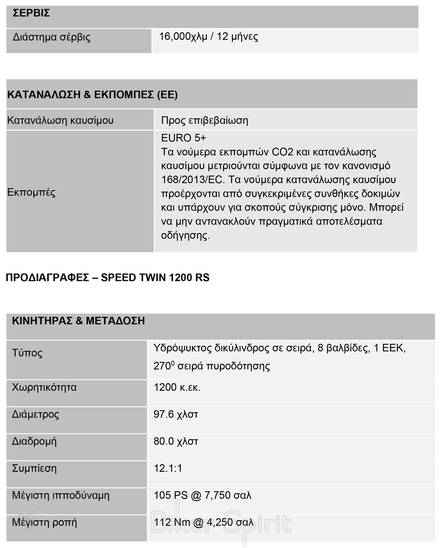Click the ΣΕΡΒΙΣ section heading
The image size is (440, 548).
click(x=31, y=13)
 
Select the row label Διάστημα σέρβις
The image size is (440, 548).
click(x=52, y=37)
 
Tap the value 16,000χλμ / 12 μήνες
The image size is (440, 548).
click(x=208, y=37)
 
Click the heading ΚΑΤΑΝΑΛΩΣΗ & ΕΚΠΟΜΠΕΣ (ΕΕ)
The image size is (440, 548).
click(x=92, y=95)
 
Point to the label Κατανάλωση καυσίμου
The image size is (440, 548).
click(x=60, y=120)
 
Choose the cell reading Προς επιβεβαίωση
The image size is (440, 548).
click(x=205, y=120)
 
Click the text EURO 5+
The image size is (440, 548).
click(x=184, y=138)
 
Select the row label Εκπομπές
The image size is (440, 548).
click(x=32, y=192)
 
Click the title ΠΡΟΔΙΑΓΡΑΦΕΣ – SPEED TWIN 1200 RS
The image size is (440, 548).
click(x=107, y=278)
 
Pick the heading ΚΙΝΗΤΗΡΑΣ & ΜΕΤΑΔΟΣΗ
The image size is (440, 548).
click(x=78, y=321)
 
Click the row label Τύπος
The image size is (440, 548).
click(x=27, y=353)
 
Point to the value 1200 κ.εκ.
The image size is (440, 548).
click(x=177, y=387)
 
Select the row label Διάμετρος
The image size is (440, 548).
click(x=36, y=414)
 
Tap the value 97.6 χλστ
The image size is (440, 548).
click(x=176, y=414)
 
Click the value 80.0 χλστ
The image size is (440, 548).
click(x=176, y=441)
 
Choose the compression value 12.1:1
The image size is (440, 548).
click(x=168, y=468)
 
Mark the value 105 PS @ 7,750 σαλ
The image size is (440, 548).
click(x=202, y=495)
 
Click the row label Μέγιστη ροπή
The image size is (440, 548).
click(x=44, y=522)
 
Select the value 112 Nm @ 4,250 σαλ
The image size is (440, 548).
click(x=204, y=522)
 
